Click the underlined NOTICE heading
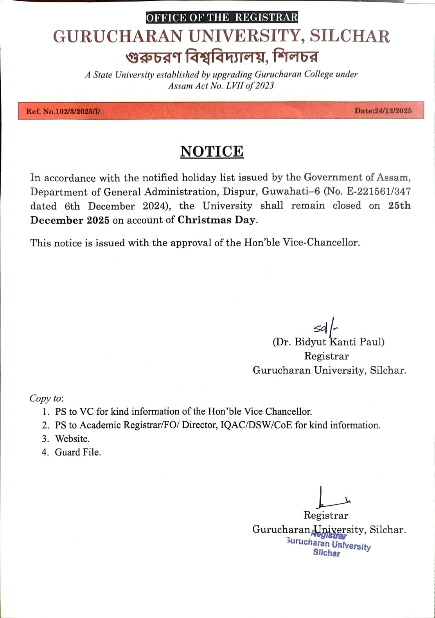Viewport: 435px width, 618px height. pos(212,152)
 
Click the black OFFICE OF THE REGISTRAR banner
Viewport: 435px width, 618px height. pos(222,18)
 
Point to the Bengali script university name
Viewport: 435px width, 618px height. pos(222,57)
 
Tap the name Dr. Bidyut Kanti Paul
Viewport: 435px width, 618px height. pos(329,342)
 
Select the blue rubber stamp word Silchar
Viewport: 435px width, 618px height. pos(327,553)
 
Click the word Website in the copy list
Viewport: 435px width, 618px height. pos(72,439)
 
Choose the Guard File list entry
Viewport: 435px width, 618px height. pos(78,452)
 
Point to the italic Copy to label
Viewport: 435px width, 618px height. pos(46,398)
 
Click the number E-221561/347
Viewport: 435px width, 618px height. pos(379,192)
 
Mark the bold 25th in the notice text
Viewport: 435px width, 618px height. pos(399,206)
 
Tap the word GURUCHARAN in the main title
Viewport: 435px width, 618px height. pos(118,36)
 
